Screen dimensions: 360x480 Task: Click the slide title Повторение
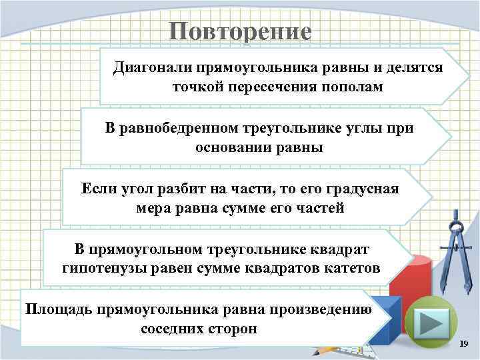pyautogui.click(x=240, y=31)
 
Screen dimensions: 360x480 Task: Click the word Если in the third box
pyautogui.click(x=97, y=189)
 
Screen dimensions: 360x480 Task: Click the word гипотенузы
pyautogui.click(x=99, y=268)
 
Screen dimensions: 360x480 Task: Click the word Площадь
pyautogui.click(x=58, y=309)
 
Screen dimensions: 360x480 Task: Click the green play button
pyautogui.click(x=431, y=323)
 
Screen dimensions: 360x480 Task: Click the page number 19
pyautogui.click(x=464, y=343)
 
